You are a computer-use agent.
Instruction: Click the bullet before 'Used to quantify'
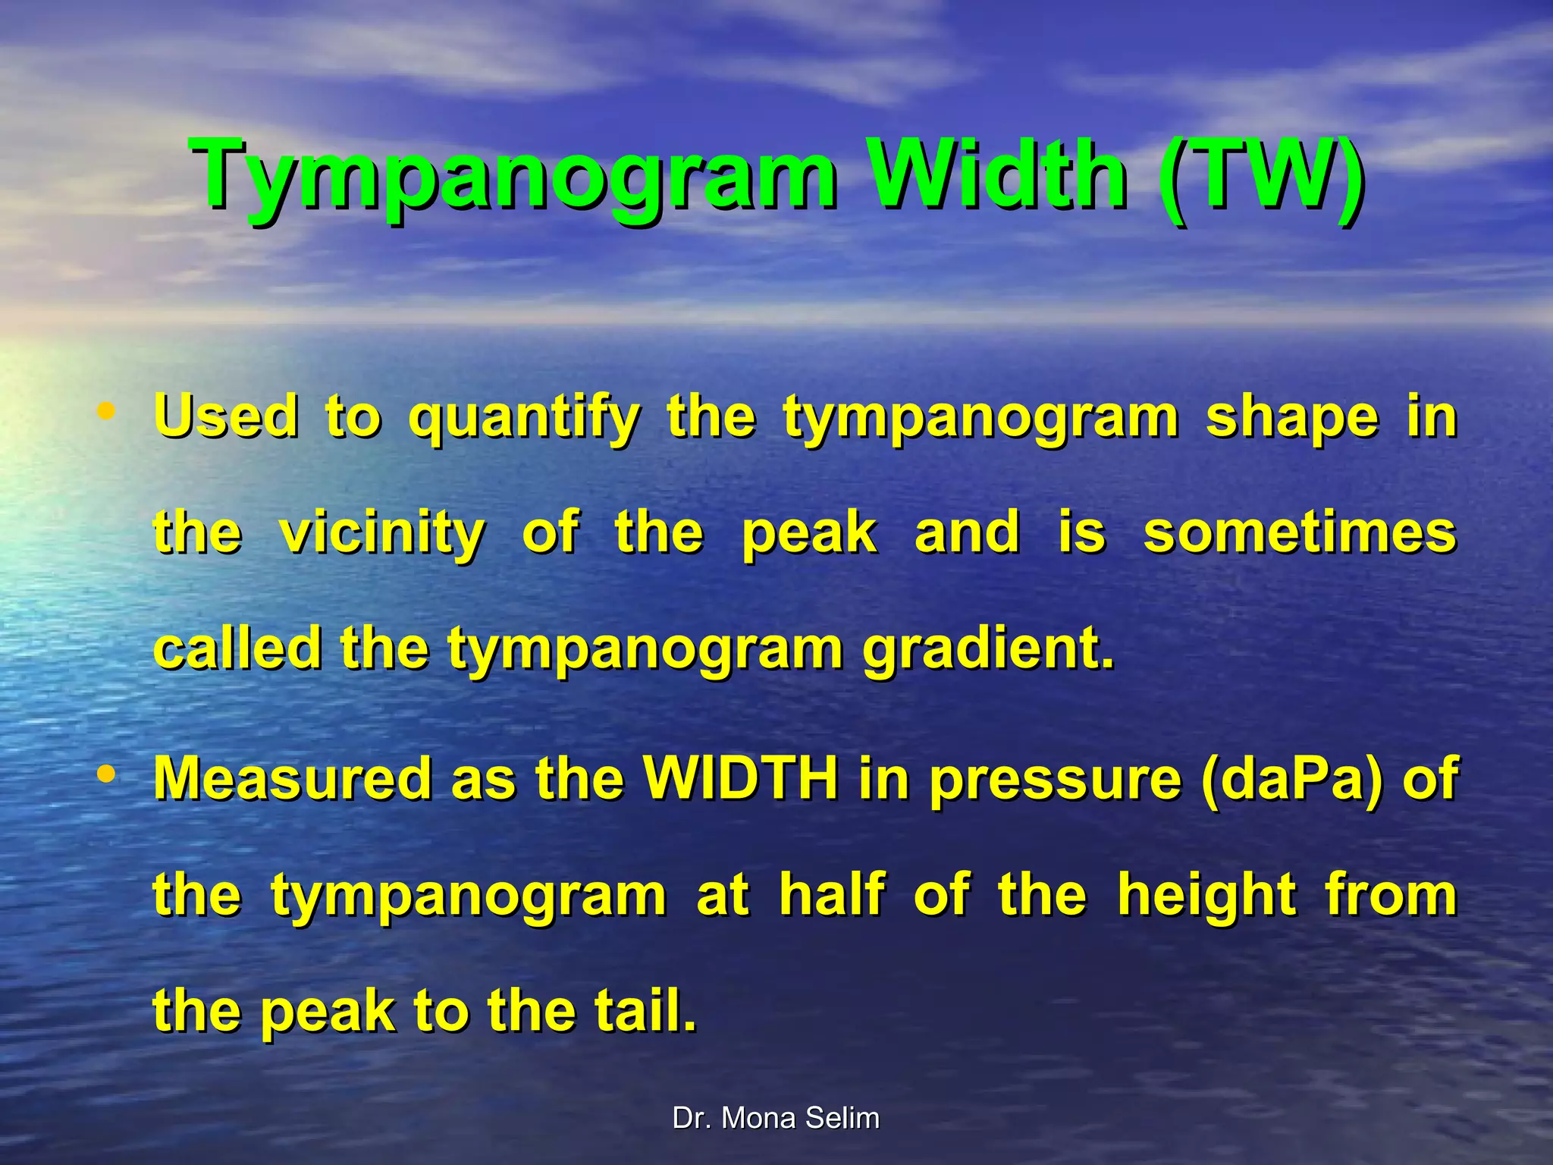(x=107, y=412)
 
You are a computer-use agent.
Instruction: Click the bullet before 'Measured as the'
(x=107, y=774)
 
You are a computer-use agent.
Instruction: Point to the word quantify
(x=524, y=419)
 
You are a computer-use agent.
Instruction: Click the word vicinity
(x=382, y=534)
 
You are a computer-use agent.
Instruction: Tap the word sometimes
(x=1299, y=532)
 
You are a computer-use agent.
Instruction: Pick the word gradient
(x=988, y=651)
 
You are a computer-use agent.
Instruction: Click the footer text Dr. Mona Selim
(x=776, y=1119)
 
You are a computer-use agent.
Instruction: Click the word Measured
(x=293, y=779)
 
